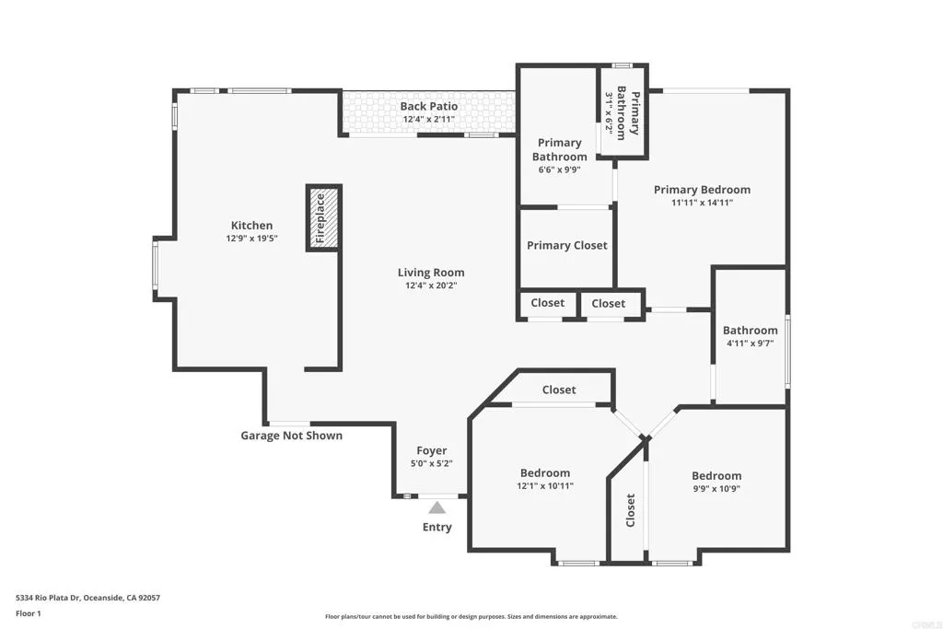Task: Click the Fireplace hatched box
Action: tap(323, 217)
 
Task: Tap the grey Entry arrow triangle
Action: tap(437, 507)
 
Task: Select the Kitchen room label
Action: tap(251, 226)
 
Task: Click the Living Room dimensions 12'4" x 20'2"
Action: tap(431, 285)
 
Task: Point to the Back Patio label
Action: tap(429, 107)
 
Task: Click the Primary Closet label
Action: tap(567, 245)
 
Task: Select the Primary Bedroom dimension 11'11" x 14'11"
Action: tap(702, 203)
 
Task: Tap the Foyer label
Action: tap(431, 451)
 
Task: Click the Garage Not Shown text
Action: tap(291, 436)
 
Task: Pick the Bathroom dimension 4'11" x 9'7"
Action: tap(750, 344)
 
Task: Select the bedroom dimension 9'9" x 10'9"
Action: tap(716, 489)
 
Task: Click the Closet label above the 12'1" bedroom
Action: tap(559, 390)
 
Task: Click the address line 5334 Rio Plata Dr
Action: tap(87, 598)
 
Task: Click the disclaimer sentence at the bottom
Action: tap(471, 617)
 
